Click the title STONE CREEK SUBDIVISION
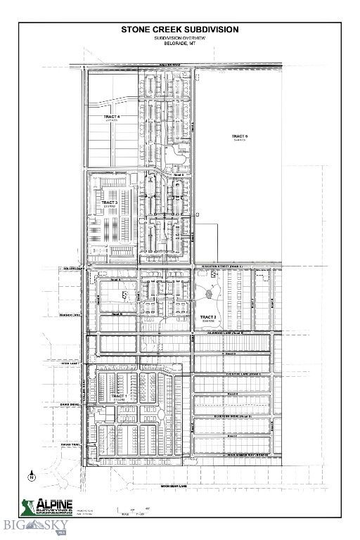click(x=179, y=30)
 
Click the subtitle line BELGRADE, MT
click(x=179, y=44)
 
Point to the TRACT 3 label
click(x=109, y=202)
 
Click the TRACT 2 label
click(x=208, y=317)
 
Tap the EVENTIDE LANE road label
click(x=239, y=374)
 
